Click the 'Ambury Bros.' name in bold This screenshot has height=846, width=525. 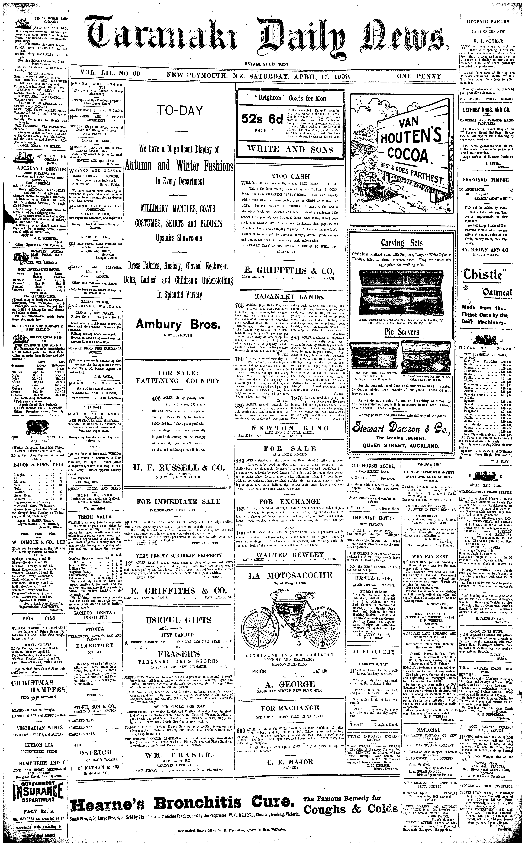pyautogui.click(x=178, y=325)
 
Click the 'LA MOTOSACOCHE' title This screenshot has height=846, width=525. pyautogui.click(x=290, y=576)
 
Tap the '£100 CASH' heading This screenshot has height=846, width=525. pyautogui.click(x=290, y=176)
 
